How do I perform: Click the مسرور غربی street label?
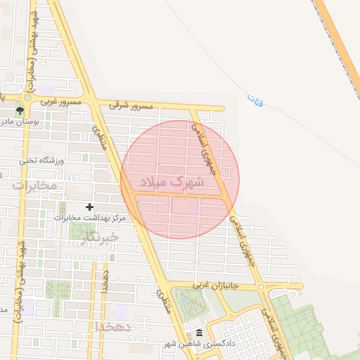coord(62,102)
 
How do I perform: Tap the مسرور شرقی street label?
coord(130,105)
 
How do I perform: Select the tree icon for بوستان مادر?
coord(20,110)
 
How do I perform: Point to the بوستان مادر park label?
coord(42,122)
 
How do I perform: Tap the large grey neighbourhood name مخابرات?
coord(34,185)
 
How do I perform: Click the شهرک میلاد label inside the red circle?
coord(172,182)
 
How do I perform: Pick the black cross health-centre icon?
coord(89,207)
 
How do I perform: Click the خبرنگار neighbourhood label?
coord(99,237)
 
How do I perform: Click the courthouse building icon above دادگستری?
coord(199,333)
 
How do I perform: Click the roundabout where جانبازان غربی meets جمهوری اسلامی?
coord(261,287)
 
